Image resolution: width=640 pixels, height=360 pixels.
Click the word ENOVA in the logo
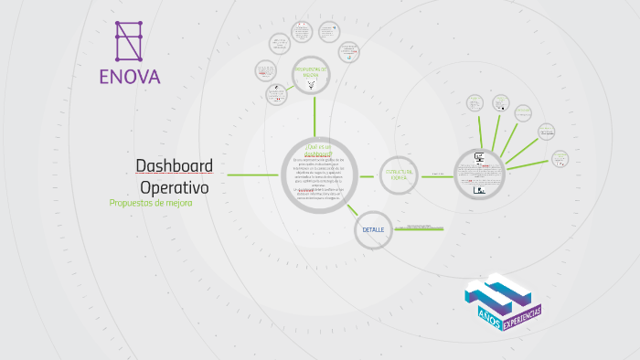[130, 76]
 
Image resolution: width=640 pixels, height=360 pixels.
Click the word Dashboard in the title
[175, 165]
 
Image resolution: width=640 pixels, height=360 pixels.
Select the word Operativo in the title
[175, 186]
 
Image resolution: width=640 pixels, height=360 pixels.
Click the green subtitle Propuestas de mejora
[151, 203]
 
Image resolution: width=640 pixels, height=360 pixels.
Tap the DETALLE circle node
[373, 229]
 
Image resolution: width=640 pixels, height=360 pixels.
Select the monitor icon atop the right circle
[479, 157]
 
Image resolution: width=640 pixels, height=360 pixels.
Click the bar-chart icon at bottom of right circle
[479, 190]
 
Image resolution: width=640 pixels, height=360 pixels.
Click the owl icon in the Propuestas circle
[312, 85]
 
